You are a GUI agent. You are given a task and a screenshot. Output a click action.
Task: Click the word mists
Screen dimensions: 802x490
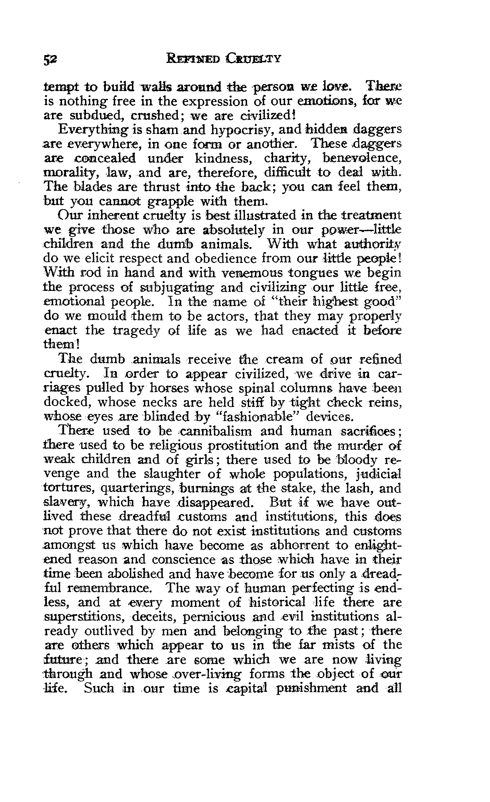(338, 645)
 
